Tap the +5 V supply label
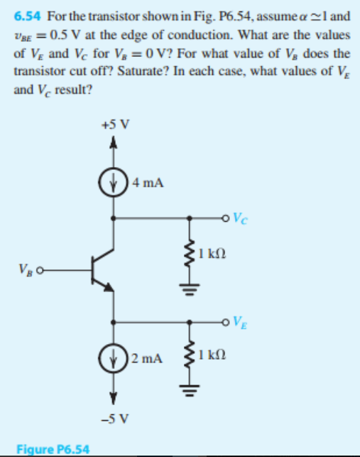click(x=114, y=126)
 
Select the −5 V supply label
click(x=114, y=414)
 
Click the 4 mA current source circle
click(x=114, y=181)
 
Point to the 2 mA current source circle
click(x=114, y=355)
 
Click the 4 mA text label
click(x=148, y=182)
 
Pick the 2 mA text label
click(x=148, y=355)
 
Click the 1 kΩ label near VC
click(x=216, y=253)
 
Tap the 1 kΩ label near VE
click(x=216, y=355)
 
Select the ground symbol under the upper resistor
click(x=189, y=289)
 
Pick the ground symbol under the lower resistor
click(x=189, y=390)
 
